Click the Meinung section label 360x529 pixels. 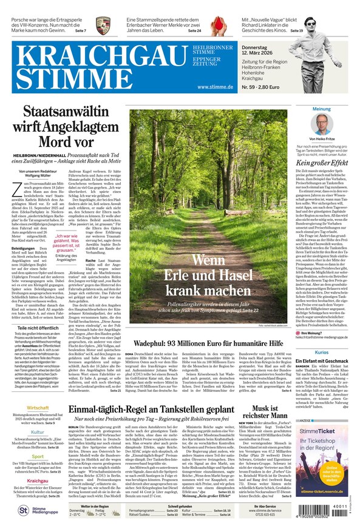[x=322, y=109]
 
